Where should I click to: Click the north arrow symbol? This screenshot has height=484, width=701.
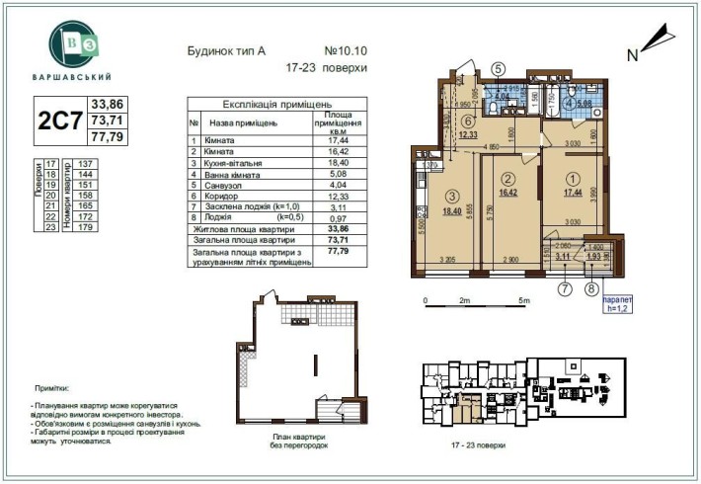tap(654, 41)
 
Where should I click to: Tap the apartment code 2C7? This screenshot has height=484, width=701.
tap(58, 122)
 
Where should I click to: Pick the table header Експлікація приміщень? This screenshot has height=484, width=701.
tap(276, 103)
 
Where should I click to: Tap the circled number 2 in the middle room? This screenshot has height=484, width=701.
tap(508, 179)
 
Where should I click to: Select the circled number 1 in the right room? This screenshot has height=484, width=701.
tap(574, 179)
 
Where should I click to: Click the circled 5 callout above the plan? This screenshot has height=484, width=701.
tap(499, 68)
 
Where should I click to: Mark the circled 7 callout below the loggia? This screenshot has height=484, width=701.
tap(565, 289)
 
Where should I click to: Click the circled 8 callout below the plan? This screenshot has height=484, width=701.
tap(592, 289)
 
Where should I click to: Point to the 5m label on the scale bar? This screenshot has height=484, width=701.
tap(524, 299)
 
